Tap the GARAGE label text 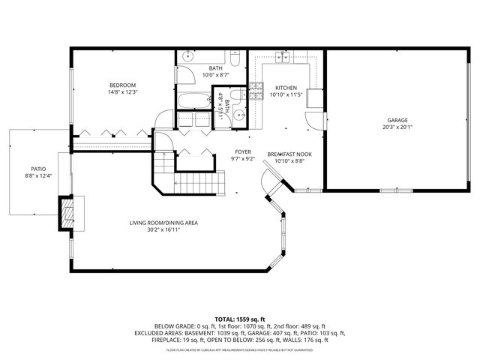click(x=397, y=120)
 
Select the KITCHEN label click(x=286, y=88)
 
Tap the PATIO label click(x=38, y=169)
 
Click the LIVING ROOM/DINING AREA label click(x=163, y=223)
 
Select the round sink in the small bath click(x=238, y=115)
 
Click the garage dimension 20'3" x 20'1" click(x=397, y=127)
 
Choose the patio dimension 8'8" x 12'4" click(x=38, y=175)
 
